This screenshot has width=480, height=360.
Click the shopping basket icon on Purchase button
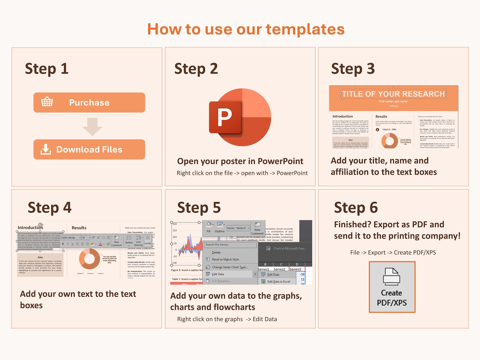tap(47, 102)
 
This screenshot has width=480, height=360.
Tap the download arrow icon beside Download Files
tap(46, 149)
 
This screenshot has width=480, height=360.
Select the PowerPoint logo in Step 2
tap(240, 117)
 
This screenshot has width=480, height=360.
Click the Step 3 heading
tap(353, 69)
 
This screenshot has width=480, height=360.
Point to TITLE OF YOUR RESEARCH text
tap(393, 94)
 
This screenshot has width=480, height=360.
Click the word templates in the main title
tap(305, 29)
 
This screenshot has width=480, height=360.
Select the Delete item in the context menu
tap(216, 252)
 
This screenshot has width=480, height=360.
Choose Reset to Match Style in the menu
tap(225, 259)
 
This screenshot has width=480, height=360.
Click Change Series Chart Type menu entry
tap(230, 267)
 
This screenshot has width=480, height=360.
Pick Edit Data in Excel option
tap(278, 281)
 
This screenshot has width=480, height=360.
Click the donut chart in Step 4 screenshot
tap(89, 259)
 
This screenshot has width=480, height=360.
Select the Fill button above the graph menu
tap(209, 227)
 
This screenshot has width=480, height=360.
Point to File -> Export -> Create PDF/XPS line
tap(393, 252)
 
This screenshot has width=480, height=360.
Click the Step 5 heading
tap(199, 208)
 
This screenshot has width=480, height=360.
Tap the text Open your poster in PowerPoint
tap(240, 161)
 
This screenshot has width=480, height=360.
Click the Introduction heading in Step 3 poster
tap(342, 116)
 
